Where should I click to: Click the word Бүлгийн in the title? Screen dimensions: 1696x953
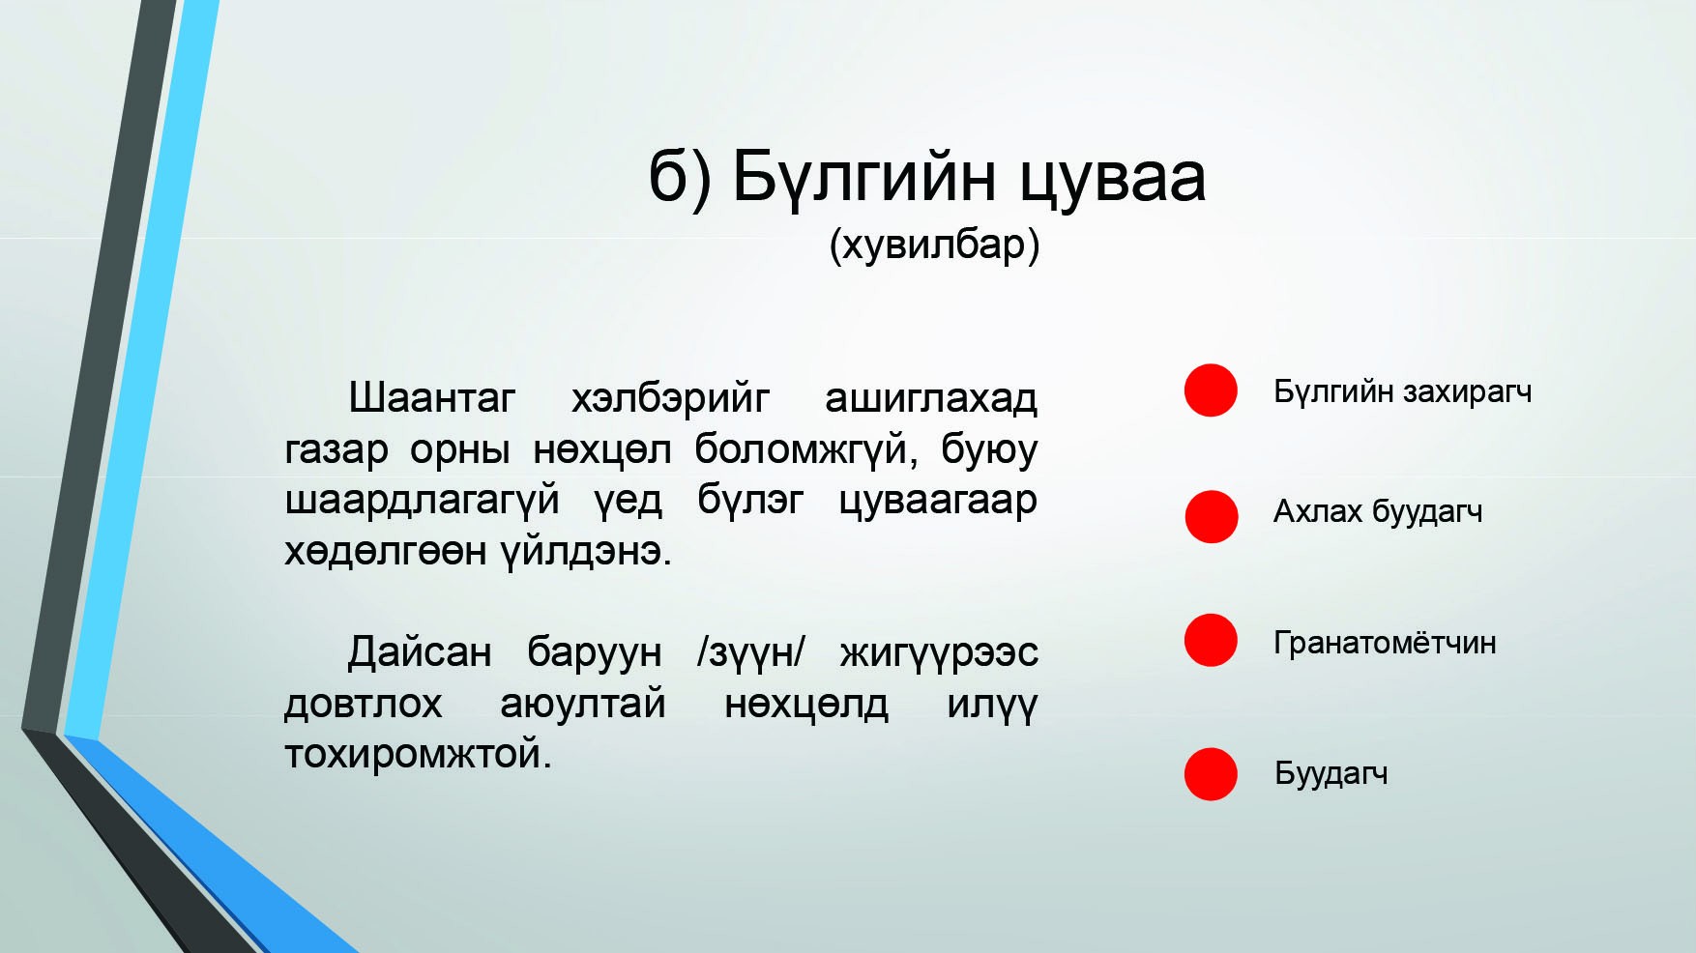click(x=863, y=177)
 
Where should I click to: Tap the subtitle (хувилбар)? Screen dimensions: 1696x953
click(x=934, y=245)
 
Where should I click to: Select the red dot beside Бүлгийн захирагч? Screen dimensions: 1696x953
click(x=1211, y=390)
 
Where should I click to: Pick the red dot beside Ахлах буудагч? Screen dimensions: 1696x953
click(x=1212, y=516)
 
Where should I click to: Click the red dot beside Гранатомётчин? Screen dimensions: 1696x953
click(x=1211, y=640)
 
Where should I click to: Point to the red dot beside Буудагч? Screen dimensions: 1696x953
click(x=1211, y=774)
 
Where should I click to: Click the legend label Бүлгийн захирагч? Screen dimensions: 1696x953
click(x=1402, y=392)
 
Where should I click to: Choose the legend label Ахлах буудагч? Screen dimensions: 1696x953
click(x=1377, y=511)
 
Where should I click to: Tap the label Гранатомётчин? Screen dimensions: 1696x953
click(x=1385, y=643)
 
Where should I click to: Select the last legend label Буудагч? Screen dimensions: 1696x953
click(x=1330, y=774)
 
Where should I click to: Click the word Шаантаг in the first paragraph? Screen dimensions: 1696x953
click(x=431, y=398)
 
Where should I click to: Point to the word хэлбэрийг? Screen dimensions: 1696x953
click(x=670, y=398)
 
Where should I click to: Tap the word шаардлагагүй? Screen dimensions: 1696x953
click(x=422, y=501)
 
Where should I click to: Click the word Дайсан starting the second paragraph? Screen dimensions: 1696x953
click(x=420, y=652)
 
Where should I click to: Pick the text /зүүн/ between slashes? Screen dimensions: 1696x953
click(x=750, y=653)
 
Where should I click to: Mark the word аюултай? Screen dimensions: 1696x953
click(x=583, y=704)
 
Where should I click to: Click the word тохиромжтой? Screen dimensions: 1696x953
click(x=418, y=755)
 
